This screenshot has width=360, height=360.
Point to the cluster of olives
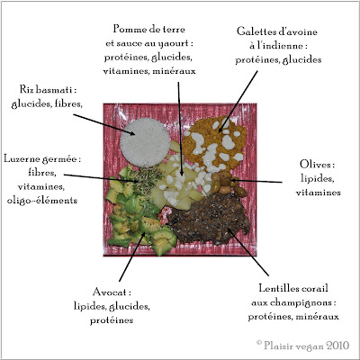227,183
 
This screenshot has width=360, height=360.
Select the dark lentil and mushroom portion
210,219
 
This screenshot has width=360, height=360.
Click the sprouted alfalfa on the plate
145,179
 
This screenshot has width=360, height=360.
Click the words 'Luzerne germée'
40,159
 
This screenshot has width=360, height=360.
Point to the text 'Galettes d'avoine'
277,31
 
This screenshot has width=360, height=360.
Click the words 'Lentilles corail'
293,288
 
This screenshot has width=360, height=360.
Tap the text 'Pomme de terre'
148,29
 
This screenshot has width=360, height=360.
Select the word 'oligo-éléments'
42,201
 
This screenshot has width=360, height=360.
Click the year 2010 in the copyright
337,346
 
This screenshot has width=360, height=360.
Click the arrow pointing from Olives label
256,181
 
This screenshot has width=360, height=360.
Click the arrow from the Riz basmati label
103,124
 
